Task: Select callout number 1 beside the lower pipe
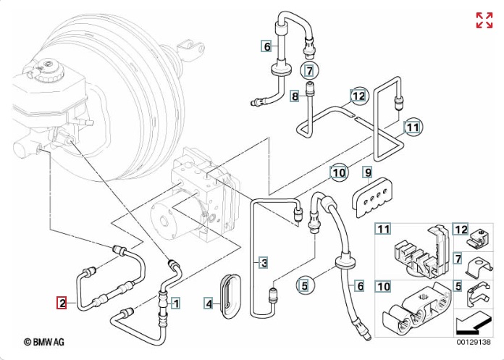tap(175, 303)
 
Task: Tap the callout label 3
tap(264, 261)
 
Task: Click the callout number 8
tap(295, 96)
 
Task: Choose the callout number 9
tap(367, 172)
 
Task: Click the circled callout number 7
tap(309, 71)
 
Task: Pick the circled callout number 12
tap(359, 95)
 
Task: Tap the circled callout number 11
tap(412, 128)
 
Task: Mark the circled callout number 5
tap(305, 285)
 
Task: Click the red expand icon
tap(484, 20)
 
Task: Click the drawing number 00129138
tap(474, 341)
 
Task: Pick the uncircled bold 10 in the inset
tap(383, 286)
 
